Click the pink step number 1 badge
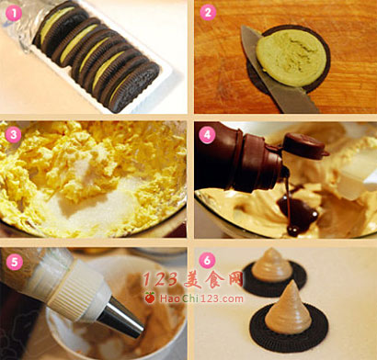click(14, 13)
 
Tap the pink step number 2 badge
click(208, 13)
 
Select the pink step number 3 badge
click(14, 135)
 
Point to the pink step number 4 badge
click(208, 135)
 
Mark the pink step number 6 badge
click(208, 261)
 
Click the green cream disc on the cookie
click(291, 58)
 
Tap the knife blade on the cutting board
click(276, 76)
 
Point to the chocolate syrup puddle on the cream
click(296, 211)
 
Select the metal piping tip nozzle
click(121, 319)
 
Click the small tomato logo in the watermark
click(150, 298)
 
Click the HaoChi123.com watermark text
click(201, 298)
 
